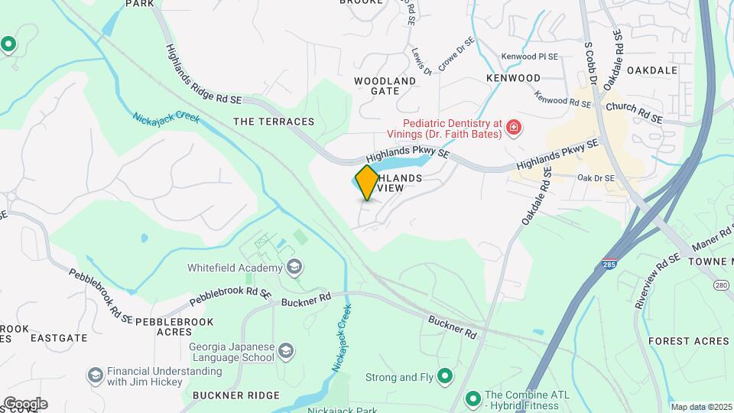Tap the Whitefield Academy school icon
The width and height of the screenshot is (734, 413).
[294, 268]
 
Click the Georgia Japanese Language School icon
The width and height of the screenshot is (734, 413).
[286, 351]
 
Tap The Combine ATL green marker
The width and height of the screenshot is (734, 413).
[473, 398]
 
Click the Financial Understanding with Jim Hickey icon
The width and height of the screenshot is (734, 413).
[95, 375]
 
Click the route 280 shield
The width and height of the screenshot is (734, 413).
[721, 285]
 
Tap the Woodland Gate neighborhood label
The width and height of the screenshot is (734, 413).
[385, 86]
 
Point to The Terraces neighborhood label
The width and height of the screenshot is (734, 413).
[274, 122]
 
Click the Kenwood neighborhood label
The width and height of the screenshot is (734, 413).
[513, 78]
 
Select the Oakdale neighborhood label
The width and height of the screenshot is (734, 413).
[652, 70]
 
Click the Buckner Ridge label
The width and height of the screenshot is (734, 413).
[236, 395]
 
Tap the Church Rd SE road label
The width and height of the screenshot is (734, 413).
[633, 113]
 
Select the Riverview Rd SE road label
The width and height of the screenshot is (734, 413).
[658, 281]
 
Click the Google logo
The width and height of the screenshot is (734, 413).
[24, 403]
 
